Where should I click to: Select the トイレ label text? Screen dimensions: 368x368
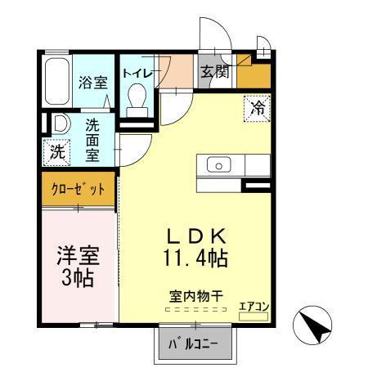point(137,74)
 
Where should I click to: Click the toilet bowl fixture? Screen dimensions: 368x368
point(138,101)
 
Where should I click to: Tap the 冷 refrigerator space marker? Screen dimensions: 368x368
point(257,107)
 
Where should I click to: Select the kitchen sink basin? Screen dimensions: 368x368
point(219,164)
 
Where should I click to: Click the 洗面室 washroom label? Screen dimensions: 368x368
point(95,140)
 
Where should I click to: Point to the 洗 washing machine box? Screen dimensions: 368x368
point(56,151)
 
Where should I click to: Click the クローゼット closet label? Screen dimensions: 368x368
point(79,190)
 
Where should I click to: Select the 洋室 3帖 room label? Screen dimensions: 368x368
point(79,265)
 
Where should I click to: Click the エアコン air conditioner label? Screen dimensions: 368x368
point(254,307)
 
